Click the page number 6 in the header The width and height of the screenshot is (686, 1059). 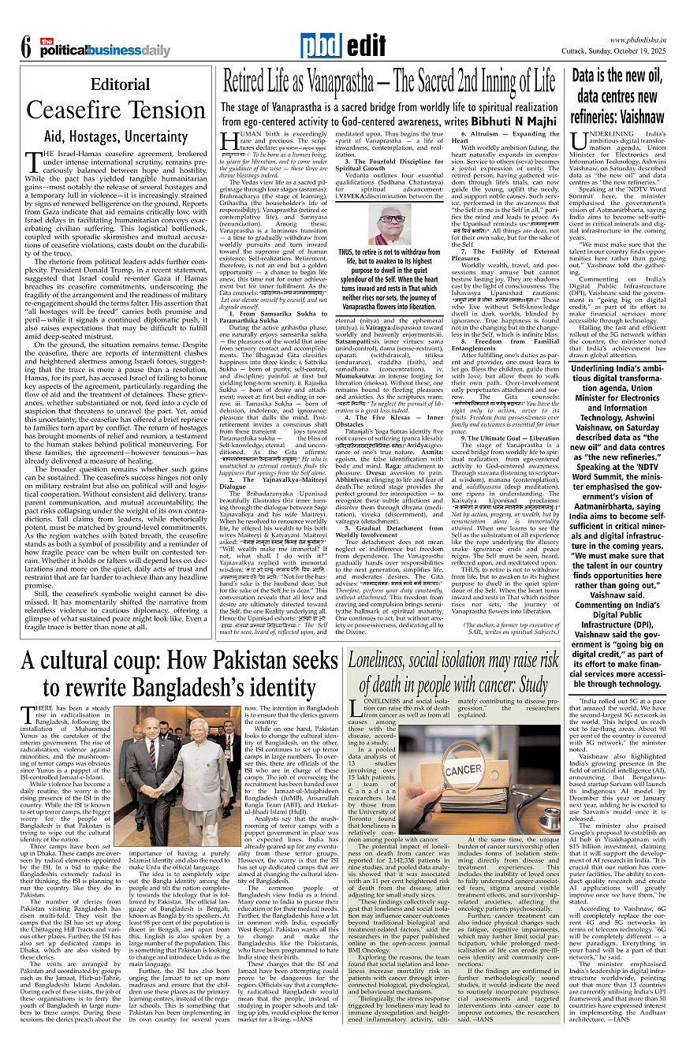coord(25,47)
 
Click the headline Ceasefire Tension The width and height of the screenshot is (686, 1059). coord(120,110)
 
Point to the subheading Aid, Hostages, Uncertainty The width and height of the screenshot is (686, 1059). coord(120,136)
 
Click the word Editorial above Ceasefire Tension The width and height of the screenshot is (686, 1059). coord(120,84)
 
